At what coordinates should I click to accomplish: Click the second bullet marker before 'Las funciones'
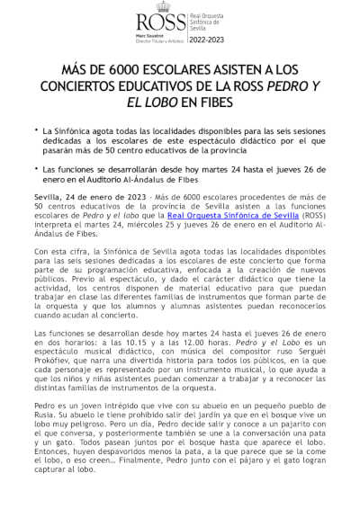[x=35, y=168]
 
